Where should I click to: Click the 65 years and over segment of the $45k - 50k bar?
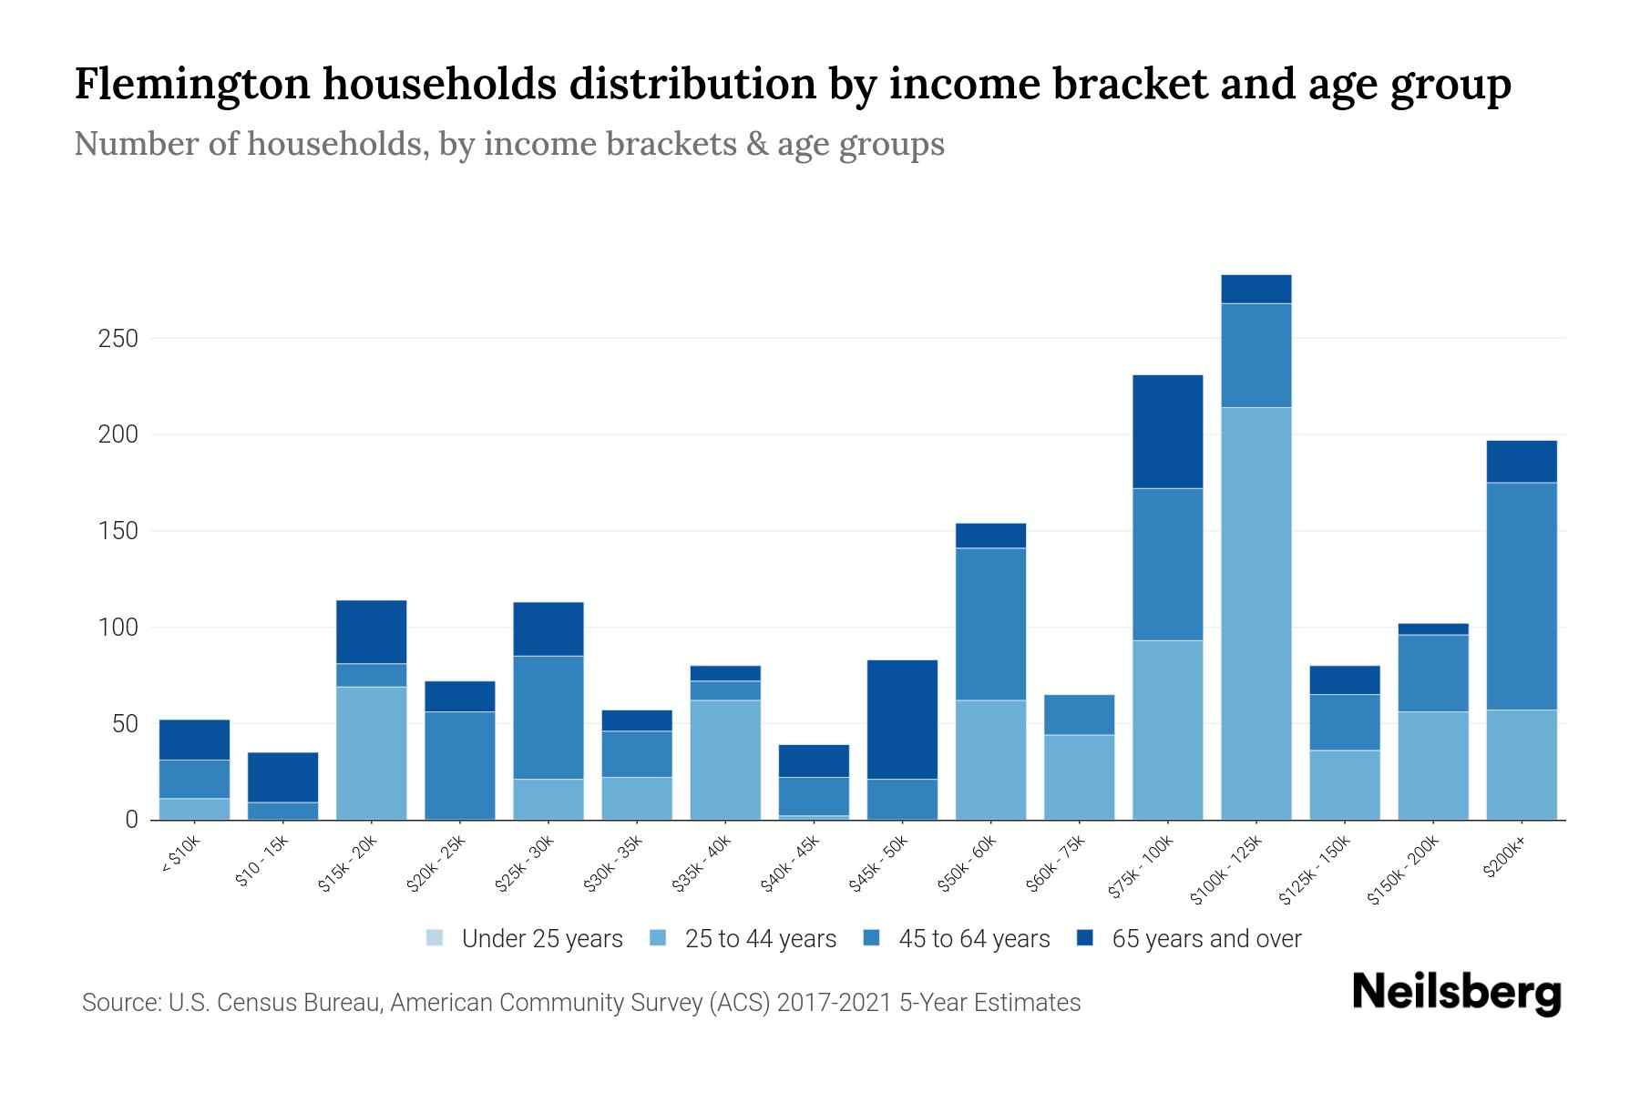point(903,720)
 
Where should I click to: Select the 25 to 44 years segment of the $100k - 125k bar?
point(1256,613)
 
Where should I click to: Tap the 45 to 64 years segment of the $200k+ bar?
point(1522,596)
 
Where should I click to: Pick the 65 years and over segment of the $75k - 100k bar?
point(1168,432)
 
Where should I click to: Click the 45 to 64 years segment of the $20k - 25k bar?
point(460,765)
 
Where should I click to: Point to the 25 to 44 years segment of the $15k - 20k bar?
point(372,753)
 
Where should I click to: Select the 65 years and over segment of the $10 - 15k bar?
point(283,777)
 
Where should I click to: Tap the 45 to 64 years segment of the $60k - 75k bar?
point(1080,715)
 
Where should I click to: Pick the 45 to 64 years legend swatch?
point(872,938)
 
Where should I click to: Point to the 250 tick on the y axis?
point(118,339)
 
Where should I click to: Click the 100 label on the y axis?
point(118,628)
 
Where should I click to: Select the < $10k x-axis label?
point(180,856)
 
